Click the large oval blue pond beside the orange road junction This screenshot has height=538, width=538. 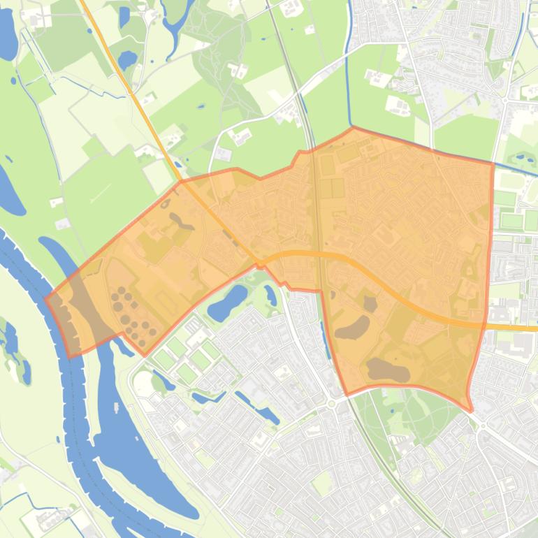(x=228, y=301)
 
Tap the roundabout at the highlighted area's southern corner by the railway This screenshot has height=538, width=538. (x=331, y=403)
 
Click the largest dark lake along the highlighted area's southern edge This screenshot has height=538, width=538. (x=388, y=370)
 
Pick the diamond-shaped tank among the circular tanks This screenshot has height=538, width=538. (x=134, y=305)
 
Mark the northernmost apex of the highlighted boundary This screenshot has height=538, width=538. (x=352, y=128)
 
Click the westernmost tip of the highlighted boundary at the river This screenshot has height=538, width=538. (x=46, y=298)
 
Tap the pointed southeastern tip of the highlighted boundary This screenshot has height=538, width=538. (x=471, y=410)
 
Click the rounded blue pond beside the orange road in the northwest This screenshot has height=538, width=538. (x=127, y=59)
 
